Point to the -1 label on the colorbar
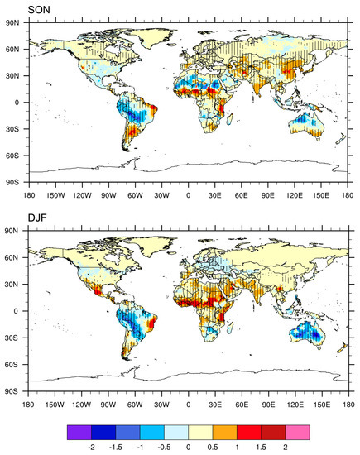pyautogui.click(x=144, y=446)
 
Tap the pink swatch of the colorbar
pyautogui.click(x=298, y=431)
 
